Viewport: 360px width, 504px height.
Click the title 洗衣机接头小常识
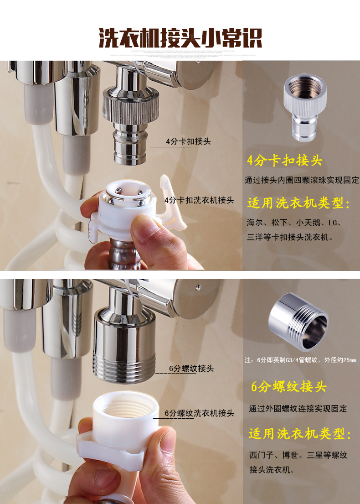180,38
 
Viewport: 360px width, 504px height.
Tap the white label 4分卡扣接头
188,141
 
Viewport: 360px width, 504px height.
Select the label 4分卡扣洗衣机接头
199,200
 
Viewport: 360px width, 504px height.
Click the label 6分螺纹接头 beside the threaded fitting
191,369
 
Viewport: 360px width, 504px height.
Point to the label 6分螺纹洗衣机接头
200,413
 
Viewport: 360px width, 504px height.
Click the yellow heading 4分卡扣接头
284,161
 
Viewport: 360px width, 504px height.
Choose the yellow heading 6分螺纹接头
288,386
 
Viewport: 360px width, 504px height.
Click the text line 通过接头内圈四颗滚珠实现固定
302,180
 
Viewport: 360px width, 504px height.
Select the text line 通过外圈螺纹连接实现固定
298,409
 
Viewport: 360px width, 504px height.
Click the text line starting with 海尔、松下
294,223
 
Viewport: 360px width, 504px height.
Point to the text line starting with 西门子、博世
298,455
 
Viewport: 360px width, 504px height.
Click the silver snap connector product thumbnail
305,107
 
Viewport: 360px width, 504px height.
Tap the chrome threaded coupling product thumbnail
298,322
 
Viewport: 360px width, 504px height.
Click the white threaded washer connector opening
127,408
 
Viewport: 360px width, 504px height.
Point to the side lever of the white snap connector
173,203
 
